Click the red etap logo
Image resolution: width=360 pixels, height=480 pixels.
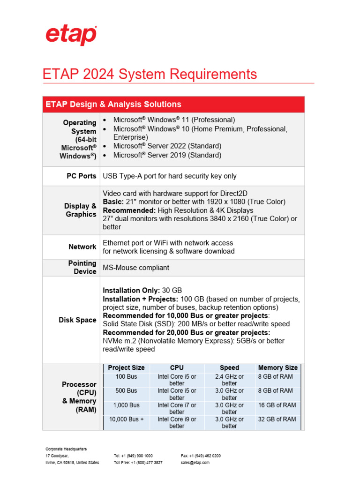(x=71, y=36)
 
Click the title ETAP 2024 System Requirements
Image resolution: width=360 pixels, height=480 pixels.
(x=150, y=74)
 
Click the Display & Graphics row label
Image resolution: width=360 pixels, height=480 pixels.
(x=81, y=210)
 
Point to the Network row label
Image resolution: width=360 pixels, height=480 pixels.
(x=82, y=247)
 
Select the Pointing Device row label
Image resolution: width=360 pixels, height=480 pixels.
(x=82, y=267)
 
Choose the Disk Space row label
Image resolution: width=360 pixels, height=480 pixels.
(x=77, y=320)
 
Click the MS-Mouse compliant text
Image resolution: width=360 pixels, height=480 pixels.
(x=136, y=268)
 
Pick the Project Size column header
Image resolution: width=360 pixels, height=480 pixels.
(x=126, y=368)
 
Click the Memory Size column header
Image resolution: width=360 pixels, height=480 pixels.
(x=277, y=368)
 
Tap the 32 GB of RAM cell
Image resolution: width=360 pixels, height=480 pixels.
(x=277, y=420)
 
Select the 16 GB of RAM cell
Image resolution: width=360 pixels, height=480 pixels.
(x=277, y=405)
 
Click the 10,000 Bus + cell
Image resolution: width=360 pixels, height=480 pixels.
(x=126, y=420)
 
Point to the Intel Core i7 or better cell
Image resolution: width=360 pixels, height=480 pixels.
(x=177, y=408)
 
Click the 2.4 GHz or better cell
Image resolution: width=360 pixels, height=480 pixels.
(x=229, y=380)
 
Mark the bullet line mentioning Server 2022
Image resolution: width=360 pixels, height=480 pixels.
(x=167, y=146)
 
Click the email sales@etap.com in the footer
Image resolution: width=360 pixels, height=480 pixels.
(x=195, y=463)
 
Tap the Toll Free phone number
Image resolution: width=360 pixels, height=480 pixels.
(x=138, y=463)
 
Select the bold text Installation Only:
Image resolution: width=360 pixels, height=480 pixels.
(x=131, y=291)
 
